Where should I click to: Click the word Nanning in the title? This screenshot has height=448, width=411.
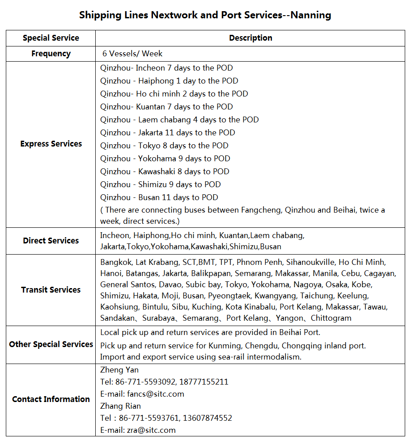click(x=313, y=15)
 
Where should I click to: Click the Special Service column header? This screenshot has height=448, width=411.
click(x=51, y=38)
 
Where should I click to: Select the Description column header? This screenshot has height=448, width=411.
click(x=250, y=38)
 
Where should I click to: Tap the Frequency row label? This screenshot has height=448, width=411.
click(x=51, y=54)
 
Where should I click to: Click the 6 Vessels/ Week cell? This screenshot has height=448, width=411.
click(x=132, y=54)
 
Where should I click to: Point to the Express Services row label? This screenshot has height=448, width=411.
click(x=51, y=144)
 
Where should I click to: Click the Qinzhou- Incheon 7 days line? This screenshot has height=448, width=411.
click(x=166, y=68)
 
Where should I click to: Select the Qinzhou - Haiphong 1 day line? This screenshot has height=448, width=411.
click(x=169, y=81)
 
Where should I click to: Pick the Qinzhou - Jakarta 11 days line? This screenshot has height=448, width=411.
click(x=167, y=133)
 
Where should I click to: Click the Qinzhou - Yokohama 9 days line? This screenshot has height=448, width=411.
click(x=165, y=159)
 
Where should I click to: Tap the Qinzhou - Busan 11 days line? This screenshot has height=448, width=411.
click(x=159, y=197)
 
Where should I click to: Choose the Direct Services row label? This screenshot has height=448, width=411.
click(x=51, y=241)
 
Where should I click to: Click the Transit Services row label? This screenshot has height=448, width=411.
click(x=51, y=290)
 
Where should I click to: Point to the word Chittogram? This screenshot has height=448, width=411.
click(x=331, y=318)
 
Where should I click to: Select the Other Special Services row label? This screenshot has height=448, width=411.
click(x=51, y=344)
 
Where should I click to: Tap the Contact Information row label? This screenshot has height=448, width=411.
click(x=51, y=399)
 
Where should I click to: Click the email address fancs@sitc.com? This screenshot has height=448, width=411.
click(x=156, y=394)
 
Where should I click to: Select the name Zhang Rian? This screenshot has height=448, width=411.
click(x=120, y=406)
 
